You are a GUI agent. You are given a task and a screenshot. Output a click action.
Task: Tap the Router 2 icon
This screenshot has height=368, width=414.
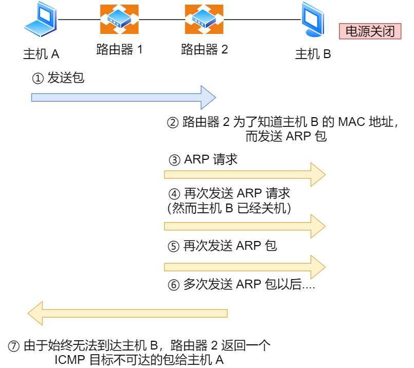click(204, 20)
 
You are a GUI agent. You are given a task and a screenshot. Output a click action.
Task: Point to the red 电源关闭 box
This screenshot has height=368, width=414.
click(370, 31)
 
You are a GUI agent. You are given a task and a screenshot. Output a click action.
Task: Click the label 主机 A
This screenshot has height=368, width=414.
click(41, 54)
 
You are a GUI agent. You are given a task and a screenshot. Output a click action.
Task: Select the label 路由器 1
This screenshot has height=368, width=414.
click(119, 50)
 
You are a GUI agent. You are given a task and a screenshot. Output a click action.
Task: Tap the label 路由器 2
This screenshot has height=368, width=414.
click(204, 50)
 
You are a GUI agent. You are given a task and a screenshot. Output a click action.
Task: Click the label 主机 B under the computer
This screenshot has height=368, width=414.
click(313, 54)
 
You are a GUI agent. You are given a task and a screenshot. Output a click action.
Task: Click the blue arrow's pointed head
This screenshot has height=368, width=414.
click(209, 97)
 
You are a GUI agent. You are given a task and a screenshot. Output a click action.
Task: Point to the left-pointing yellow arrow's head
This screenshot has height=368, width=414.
click(35, 313)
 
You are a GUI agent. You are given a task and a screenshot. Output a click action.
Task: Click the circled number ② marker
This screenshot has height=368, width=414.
click(173, 123)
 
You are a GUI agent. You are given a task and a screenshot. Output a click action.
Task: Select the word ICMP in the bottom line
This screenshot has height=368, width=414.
click(70, 360)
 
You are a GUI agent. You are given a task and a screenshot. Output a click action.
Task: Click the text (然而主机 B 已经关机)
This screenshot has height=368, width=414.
click(229, 208)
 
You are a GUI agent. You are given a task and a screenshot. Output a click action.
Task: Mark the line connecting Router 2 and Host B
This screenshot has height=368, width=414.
click(262, 20)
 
